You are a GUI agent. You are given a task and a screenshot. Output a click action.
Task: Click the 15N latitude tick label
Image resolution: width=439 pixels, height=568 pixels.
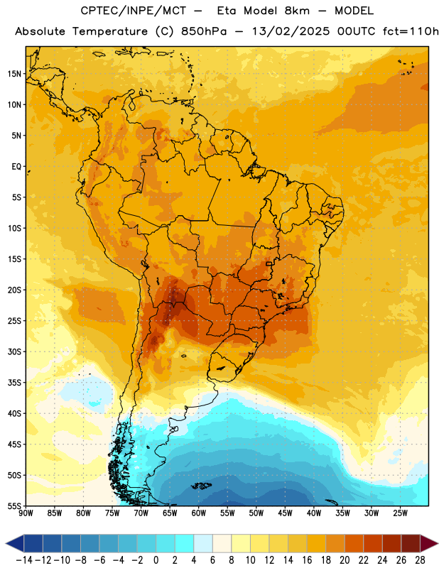pos(14,74)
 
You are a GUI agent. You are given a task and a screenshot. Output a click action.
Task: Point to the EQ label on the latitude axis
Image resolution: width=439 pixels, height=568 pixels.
pos(16,167)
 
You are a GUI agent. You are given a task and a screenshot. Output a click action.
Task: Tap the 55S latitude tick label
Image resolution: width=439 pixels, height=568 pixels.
pos(14,506)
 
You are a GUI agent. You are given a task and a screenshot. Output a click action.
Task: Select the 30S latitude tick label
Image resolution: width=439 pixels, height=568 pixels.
pos(14,351)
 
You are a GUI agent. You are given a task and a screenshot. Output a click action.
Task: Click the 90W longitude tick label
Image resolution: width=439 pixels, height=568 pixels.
pos(26,513)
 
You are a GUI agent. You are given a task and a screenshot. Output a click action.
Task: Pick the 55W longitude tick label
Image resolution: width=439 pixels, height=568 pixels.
pos(227,513)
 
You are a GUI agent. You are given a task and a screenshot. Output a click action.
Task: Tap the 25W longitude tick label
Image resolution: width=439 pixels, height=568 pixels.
pos(400,513)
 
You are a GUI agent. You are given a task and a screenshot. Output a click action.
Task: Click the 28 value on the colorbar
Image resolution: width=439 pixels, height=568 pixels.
pos(420,560)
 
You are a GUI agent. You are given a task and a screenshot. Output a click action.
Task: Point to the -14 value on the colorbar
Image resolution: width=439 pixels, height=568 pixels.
pos(24,560)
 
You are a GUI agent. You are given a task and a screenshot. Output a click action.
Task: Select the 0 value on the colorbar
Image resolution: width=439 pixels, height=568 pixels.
pos(156,560)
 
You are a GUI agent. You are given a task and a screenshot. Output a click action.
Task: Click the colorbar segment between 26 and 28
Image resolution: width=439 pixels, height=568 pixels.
pos(411,543)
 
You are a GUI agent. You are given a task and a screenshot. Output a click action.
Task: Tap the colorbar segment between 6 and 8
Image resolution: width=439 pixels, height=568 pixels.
pos(222,543)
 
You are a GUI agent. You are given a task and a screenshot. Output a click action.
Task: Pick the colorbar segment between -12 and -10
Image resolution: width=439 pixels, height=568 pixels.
pos(52,543)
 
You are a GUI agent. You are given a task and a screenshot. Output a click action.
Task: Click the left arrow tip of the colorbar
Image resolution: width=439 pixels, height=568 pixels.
pos(6,543)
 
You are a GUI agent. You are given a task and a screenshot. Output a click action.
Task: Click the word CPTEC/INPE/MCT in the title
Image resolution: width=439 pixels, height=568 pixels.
pos(134,11)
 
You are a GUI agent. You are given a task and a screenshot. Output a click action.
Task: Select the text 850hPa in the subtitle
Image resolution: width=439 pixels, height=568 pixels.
pos(204,31)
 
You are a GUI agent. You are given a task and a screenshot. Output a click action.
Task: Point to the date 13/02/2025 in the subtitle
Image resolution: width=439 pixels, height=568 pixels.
pos(291,31)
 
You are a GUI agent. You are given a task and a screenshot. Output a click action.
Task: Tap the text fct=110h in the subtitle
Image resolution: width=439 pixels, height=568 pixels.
pos(411,31)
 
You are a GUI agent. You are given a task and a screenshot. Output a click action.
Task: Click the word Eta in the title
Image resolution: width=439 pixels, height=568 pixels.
pos(227,11)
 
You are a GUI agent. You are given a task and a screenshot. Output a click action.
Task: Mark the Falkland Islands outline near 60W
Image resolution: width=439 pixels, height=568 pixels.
pos(202,486)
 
